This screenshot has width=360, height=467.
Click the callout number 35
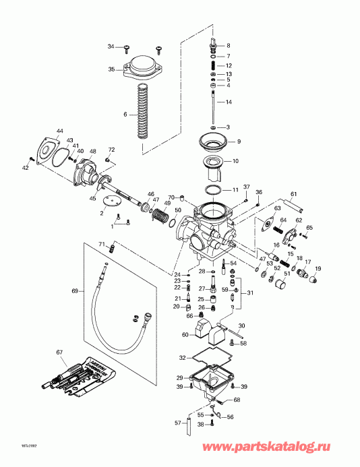112,69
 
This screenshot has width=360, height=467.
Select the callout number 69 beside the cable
76,291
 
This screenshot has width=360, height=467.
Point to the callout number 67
59,352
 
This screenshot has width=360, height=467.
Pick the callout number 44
60,130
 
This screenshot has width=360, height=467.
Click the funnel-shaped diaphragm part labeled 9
214,142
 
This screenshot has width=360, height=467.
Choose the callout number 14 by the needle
229,102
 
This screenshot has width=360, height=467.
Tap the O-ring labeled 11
214,189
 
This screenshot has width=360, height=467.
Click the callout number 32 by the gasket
181,357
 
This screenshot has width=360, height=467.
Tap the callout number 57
177,423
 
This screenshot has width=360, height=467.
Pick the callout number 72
112,149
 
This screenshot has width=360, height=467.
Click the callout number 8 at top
229,44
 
